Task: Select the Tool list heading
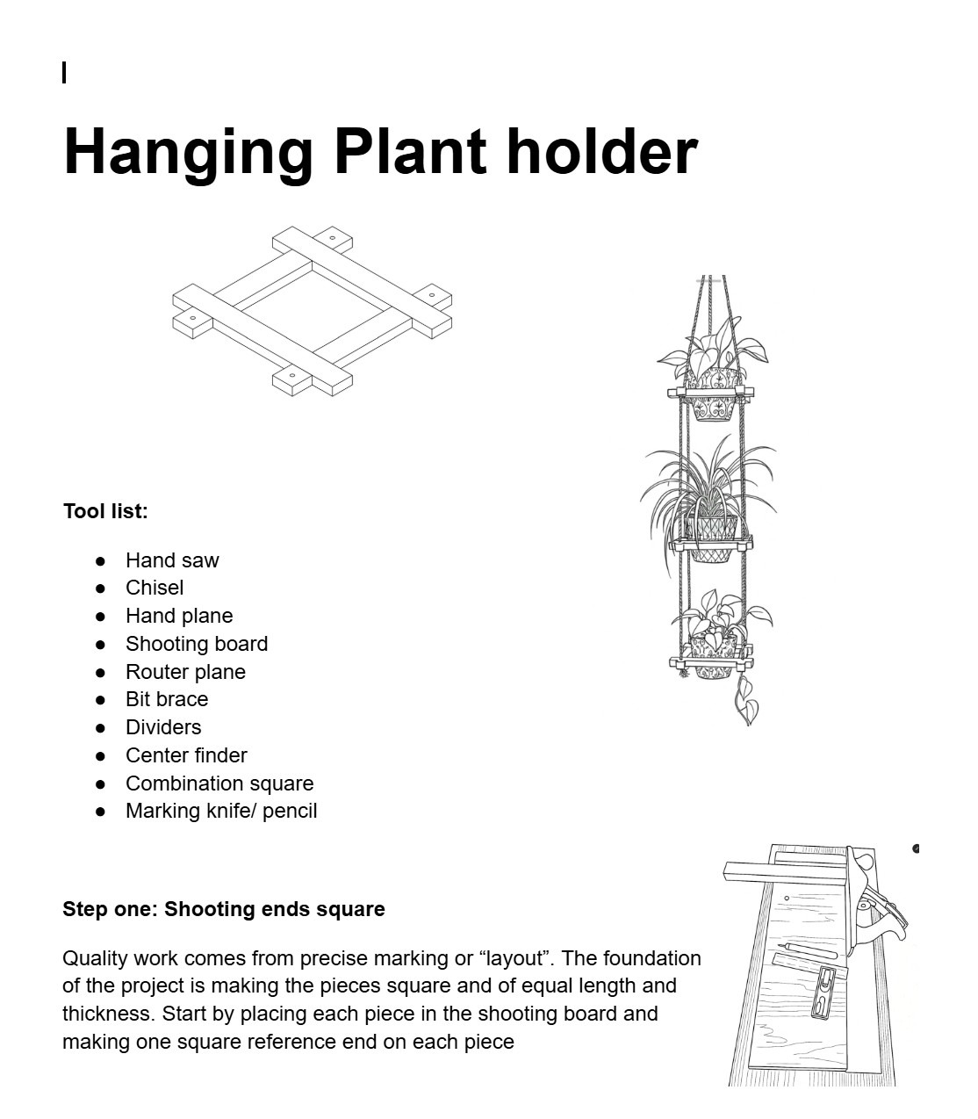pos(105,511)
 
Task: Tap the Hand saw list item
pos(172,560)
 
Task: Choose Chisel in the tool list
pos(155,588)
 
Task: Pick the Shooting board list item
pos(197,644)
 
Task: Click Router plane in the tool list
pos(185,672)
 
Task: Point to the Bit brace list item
pos(167,699)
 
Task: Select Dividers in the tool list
pos(163,727)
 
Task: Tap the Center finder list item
pos(186,755)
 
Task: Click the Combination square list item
pos(219,783)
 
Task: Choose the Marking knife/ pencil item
pos(221,811)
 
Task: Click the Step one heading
pos(224,909)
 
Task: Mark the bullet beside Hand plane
pos(101,617)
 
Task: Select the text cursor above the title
pos(64,73)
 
